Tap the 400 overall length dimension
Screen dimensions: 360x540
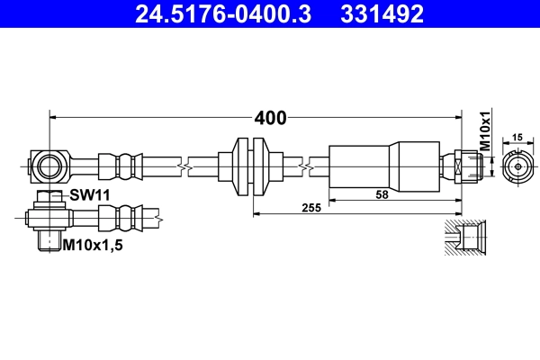[x=270, y=118]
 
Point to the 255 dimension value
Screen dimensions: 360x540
[x=312, y=207]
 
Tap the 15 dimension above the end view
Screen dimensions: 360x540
[x=517, y=137]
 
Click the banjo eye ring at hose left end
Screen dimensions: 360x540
[x=48, y=166]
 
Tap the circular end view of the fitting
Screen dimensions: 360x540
[x=517, y=166]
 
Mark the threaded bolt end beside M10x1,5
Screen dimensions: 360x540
[x=48, y=240]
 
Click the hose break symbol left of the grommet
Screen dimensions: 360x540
[x=184, y=166]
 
